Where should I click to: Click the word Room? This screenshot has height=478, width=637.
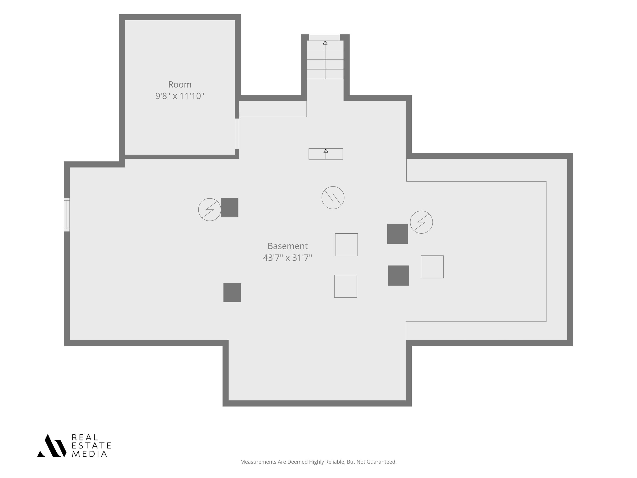[x=180, y=84]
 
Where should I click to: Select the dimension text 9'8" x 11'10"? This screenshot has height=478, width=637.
[x=180, y=96]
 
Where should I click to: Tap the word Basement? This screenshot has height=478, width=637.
[x=287, y=246]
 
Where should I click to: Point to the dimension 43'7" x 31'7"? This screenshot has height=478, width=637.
[x=287, y=258]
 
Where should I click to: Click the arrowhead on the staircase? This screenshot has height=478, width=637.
[x=325, y=43]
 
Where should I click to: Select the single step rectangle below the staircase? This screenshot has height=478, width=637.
[x=326, y=154]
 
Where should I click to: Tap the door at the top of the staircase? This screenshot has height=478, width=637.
[x=325, y=38]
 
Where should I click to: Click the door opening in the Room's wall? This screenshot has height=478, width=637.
[x=237, y=134]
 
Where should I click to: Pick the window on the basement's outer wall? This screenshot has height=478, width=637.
[x=67, y=215]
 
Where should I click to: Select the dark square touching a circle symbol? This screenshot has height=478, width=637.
[x=230, y=207]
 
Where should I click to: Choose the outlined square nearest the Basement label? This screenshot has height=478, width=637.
[x=346, y=245]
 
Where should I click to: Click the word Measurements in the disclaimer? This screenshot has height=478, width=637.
[x=258, y=462]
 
